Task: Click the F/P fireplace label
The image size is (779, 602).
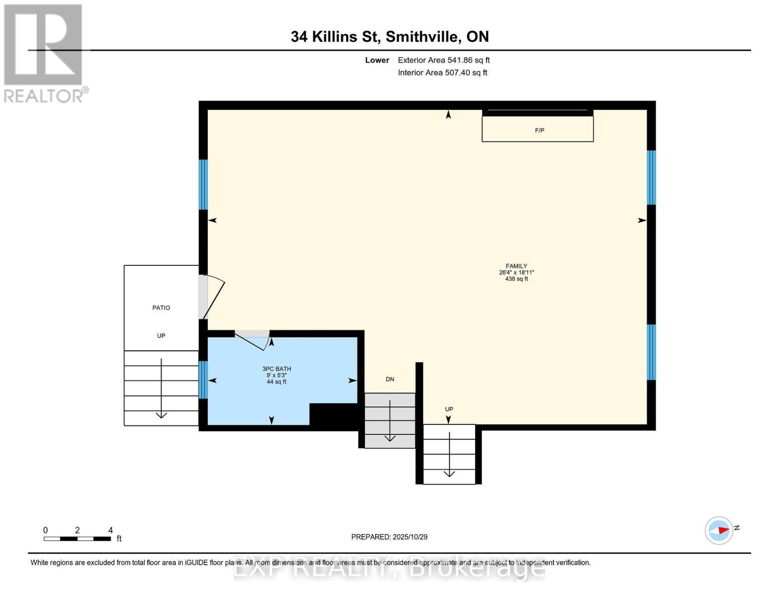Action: pos(539,130)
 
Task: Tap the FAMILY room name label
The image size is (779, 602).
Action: pos(516,266)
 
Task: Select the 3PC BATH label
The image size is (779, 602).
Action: pos(276,369)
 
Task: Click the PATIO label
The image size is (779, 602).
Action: pos(161,308)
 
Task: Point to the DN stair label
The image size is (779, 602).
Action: pos(390,379)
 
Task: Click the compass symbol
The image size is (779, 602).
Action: pos(719,530)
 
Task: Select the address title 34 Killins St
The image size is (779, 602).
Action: pos(389,37)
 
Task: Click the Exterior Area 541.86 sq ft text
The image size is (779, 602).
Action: pos(443,60)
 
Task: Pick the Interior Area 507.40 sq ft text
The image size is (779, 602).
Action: pos(442,73)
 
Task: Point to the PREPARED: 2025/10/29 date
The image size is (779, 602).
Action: pos(389,537)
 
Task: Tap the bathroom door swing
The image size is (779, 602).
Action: pos(253,340)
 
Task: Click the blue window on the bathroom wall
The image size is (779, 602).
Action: pos(203,380)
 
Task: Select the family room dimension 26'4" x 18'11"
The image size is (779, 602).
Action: pos(516,272)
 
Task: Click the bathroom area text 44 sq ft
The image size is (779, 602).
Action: pos(276,382)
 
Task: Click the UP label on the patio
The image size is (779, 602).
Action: pos(161,336)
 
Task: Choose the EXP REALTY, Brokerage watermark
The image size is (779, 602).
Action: pos(389,568)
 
